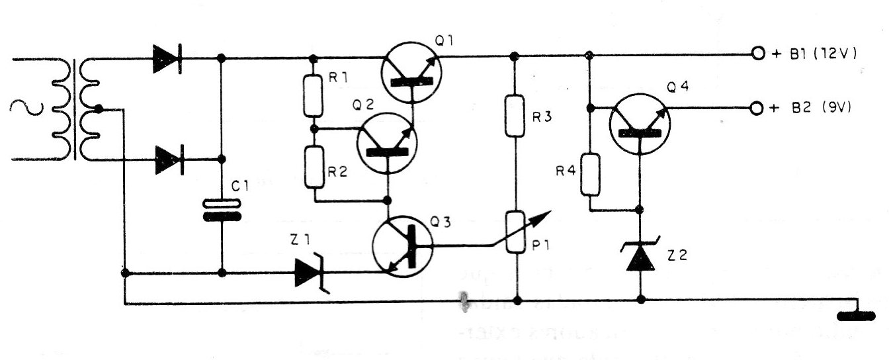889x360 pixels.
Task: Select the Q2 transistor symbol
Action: coord(387,143)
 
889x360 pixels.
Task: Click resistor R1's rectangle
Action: coord(314,95)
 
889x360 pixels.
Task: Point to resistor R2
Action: coord(314,168)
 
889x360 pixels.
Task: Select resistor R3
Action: coord(515,116)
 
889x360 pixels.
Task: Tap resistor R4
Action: coord(591,174)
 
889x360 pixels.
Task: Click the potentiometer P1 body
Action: coord(515,232)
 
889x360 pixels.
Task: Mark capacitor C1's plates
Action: coord(221,211)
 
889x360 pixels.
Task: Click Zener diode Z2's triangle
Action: coord(640,258)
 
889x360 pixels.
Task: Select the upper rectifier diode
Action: coord(167,58)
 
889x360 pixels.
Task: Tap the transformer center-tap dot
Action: coord(99,109)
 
